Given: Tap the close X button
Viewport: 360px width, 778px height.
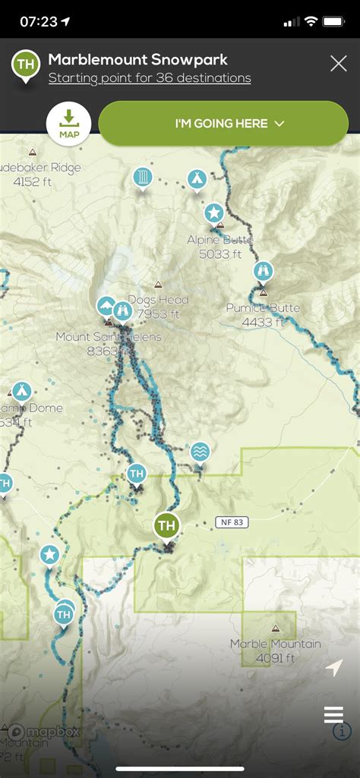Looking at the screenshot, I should click(339, 63).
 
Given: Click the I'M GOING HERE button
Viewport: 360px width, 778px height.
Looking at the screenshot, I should click(223, 123).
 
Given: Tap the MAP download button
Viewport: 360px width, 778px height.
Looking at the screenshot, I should click(68, 123).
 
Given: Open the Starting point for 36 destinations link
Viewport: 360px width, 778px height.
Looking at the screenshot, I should click(149, 78).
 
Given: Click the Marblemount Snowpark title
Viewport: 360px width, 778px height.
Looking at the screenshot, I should click(137, 59).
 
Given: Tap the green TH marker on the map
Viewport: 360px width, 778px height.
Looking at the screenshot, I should click(166, 525).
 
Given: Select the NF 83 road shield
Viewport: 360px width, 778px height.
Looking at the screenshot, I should click(232, 522).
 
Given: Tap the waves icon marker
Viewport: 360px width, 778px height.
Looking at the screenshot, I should click(200, 452).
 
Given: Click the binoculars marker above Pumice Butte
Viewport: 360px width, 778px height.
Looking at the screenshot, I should click(263, 271).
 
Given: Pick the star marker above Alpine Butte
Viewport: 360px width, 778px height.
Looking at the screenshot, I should click(213, 212).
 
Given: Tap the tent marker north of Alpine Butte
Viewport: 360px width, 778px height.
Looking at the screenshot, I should click(197, 179).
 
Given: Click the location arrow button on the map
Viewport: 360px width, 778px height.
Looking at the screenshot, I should click(333, 669).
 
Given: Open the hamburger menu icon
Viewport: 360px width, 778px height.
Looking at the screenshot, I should click(333, 715).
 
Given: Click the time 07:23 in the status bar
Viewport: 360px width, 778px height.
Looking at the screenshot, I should click(39, 22).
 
